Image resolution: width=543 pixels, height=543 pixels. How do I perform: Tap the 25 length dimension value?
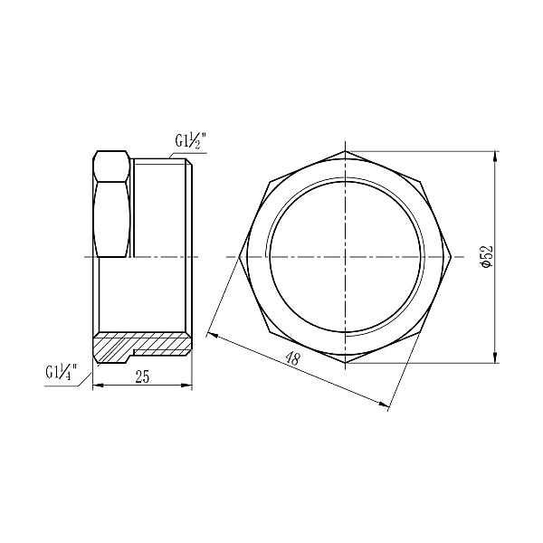142,378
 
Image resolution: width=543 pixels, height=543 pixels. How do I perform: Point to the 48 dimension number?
292,359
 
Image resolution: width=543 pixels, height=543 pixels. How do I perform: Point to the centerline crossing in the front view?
345,257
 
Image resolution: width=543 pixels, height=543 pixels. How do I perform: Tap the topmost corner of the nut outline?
345,151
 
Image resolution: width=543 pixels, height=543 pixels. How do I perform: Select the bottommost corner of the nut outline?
345,363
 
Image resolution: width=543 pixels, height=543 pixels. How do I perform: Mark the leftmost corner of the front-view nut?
239,257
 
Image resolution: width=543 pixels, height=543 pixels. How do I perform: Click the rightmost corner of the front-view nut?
451,257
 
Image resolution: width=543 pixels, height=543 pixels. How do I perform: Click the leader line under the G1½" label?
197,153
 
